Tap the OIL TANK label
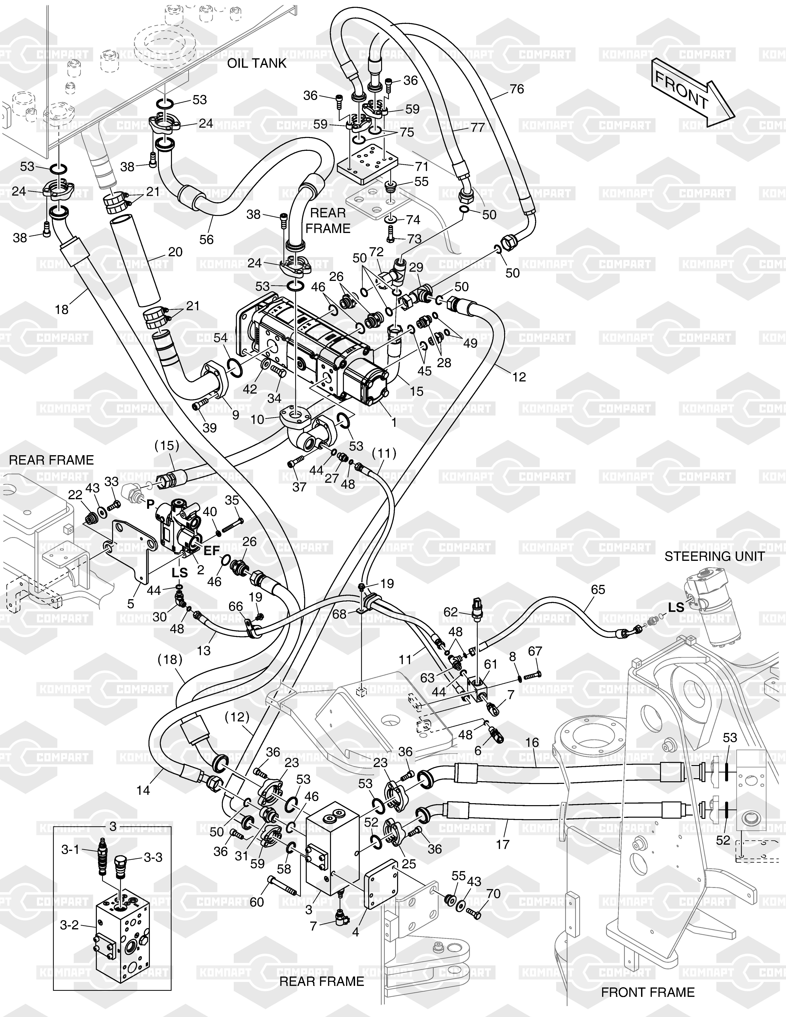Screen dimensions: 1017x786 [x=257, y=63]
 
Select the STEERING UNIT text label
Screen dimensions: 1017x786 [x=714, y=557]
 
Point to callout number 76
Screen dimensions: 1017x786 [x=517, y=89]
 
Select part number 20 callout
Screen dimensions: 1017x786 [x=175, y=252]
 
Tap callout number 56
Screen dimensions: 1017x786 [x=206, y=239]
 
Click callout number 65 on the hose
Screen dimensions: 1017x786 [x=598, y=590]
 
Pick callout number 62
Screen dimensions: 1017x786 [x=450, y=612]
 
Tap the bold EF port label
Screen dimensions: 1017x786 [x=212, y=551]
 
